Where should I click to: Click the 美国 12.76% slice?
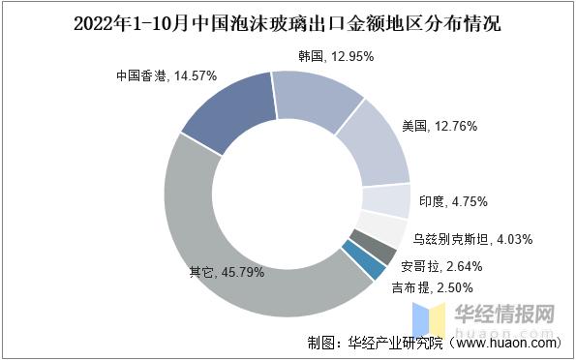click(373, 144)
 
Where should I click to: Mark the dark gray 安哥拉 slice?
click(370, 251)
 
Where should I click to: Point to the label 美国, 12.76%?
click(437, 125)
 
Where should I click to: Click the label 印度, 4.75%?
click(453, 201)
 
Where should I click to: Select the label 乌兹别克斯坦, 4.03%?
click(470, 238)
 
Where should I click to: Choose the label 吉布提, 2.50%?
click(431, 287)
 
